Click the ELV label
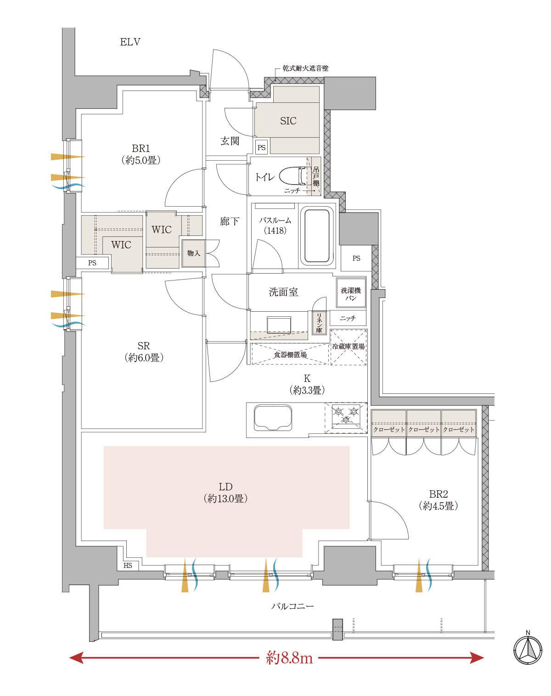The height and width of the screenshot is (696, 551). pos(130,42)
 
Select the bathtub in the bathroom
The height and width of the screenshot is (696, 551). pos(317,236)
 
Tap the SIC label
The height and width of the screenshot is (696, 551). pos(288,121)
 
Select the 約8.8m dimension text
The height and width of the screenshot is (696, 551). pos(289,657)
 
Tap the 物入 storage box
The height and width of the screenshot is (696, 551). pos(193,253)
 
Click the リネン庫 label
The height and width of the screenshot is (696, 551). pos(319,322)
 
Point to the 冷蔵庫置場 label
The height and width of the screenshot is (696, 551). pos(349,346)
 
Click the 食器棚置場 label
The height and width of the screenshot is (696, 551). pos(290,355)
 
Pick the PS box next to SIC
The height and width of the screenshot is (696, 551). pos(261,147)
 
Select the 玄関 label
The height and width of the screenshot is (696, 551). pos(230,141)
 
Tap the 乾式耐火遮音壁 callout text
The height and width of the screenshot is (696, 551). pos(305,68)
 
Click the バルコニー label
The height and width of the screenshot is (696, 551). pos(292,606)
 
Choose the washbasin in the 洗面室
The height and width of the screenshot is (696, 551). pos(279,325)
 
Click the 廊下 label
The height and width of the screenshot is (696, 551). pos(230,222)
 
